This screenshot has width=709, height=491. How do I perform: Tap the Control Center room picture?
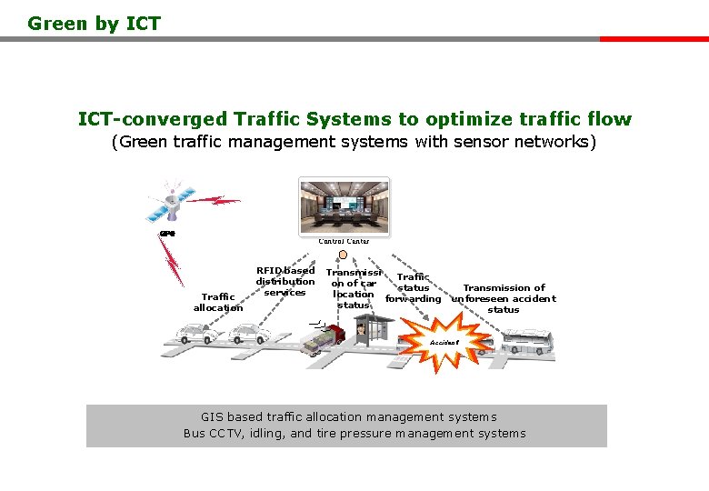pyautogui.click(x=344, y=205)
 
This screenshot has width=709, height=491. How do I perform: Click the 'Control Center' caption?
pyautogui.click(x=344, y=241)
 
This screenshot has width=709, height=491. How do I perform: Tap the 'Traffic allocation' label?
pyautogui.click(x=218, y=302)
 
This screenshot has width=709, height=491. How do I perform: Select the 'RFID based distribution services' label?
pyautogui.click(x=285, y=281)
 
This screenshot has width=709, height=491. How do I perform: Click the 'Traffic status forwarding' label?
pyautogui.click(x=414, y=288)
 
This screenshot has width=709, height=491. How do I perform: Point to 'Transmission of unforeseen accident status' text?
pyautogui.click(x=504, y=298)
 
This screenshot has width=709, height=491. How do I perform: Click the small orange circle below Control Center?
pyautogui.click(x=343, y=255)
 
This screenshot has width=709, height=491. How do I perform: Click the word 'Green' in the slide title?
pyautogui.click(x=59, y=24)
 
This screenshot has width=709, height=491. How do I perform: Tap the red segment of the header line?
pyautogui.click(x=654, y=39)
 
